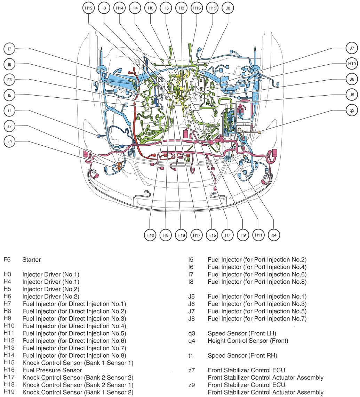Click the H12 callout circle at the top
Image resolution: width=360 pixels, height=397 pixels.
point(89,8)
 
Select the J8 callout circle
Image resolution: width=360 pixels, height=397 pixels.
point(227,8)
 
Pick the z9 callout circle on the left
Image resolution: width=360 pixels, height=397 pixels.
point(9,142)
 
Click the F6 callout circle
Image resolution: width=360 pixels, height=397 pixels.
point(9,80)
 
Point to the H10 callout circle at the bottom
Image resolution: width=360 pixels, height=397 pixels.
point(150,235)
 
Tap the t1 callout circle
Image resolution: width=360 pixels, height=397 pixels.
point(9,111)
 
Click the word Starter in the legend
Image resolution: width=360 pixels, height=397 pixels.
point(32,260)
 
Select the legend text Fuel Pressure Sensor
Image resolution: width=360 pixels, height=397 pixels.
point(52,370)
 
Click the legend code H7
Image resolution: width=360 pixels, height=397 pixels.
point(7,304)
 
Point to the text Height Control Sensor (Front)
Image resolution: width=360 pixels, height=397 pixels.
point(248,341)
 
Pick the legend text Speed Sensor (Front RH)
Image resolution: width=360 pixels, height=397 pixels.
point(242,355)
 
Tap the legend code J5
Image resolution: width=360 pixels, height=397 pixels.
point(192,297)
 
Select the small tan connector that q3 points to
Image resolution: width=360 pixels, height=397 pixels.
point(259,131)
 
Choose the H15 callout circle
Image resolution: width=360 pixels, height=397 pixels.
point(212,235)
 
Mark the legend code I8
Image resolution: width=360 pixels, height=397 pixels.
point(191,282)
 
